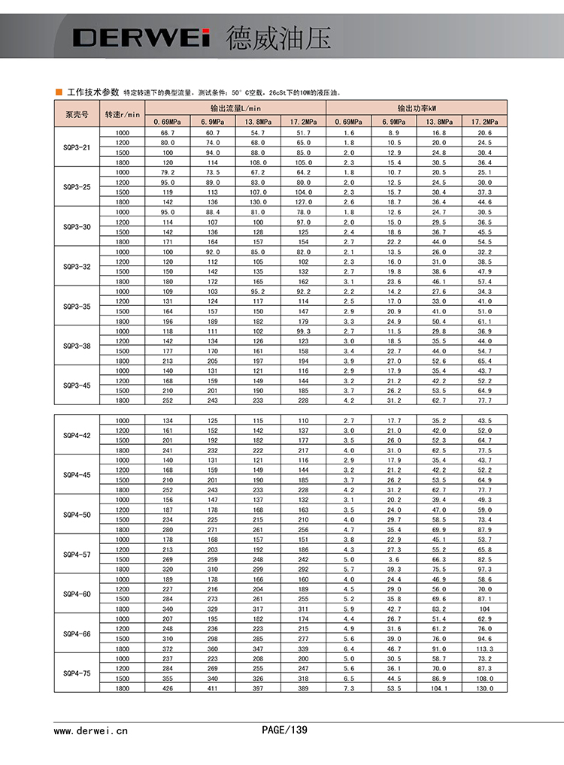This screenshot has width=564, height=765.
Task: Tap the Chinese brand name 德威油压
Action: [x=277, y=38]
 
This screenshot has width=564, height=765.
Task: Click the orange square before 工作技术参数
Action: [x=59, y=92]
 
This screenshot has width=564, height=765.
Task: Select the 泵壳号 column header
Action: [x=77, y=114]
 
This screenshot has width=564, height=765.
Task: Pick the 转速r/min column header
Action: [x=122, y=114]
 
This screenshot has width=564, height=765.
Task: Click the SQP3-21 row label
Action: [x=77, y=147]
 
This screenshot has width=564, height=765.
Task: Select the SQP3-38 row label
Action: [x=77, y=346]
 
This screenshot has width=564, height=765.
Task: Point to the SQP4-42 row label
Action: [x=77, y=435]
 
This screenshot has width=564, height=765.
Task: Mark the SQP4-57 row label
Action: [x=77, y=554]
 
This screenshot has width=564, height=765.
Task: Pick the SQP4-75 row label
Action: [x=77, y=673]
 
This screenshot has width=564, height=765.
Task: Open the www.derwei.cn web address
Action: [x=91, y=730]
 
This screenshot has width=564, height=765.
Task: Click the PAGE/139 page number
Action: [x=284, y=729]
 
